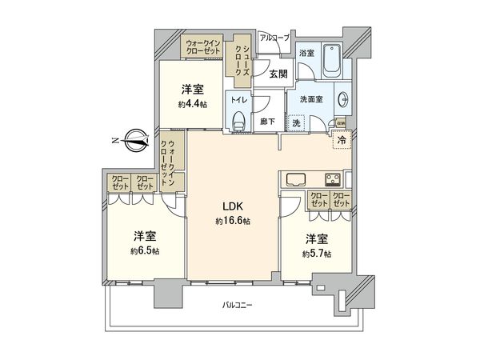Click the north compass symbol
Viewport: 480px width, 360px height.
click(x=136, y=142)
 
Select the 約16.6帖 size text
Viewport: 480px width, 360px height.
click(x=233, y=221)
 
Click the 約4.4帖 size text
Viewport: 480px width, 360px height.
click(x=192, y=104)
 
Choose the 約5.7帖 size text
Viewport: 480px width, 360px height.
click(x=317, y=254)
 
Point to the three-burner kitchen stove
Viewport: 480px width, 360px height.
click(x=332, y=178)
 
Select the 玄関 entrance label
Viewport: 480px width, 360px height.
click(x=278, y=74)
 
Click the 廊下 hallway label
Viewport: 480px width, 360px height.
click(x=268, y=122)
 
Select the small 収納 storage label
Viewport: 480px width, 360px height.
click(x=340, y=123)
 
